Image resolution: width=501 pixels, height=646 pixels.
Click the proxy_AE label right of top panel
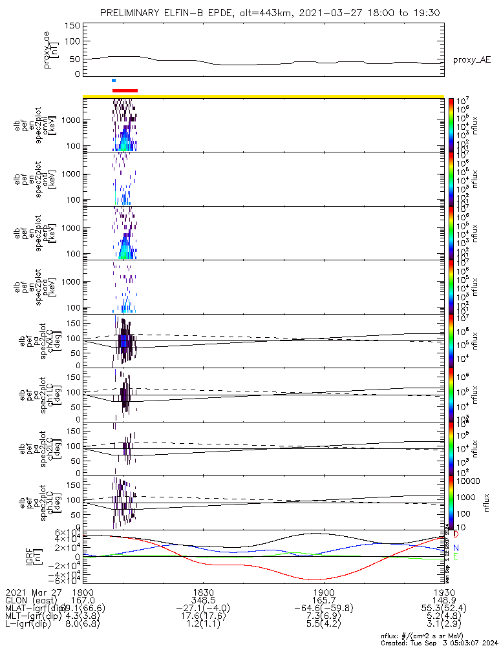(x=471, y=60)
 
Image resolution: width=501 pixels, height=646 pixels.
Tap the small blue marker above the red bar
(x=114, y=81)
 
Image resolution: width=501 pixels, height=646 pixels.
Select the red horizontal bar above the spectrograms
(x=125, y=91)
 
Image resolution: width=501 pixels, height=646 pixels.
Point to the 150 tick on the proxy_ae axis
(x=72, y=26)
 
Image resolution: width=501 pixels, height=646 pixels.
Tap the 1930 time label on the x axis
(x=442, y=592)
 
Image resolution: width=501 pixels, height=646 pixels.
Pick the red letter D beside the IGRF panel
(x=456, y=535)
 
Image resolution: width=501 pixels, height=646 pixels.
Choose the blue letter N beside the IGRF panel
(x=456, y=547)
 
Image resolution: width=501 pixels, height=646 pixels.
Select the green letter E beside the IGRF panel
(x=456, y=557)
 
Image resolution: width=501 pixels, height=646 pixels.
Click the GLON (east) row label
(x=30, y=600)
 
